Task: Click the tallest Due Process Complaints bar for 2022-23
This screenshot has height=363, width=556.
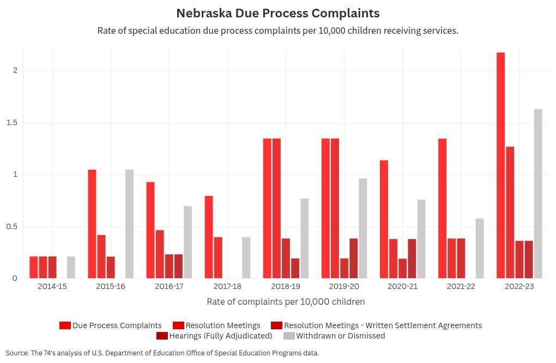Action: pyautogui.click(x=500, y=165)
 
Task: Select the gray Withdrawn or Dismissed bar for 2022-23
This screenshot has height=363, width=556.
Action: pyautogui.click(x=538, y=194)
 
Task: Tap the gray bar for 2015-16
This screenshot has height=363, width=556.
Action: pyautogui.click(x=129, y=224)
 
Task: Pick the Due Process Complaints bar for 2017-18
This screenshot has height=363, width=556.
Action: pyautogui.click(x=209, y=237)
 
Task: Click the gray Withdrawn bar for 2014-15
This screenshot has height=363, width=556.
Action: pyautogui.click(x=71, y=267)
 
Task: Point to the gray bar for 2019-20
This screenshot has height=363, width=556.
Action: pyautogui.click(x=362, y=228)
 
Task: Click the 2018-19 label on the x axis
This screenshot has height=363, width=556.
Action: pyautogui.click(x=286, y=286)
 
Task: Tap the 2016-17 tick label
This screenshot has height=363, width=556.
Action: pyautogui.click(x=169, y=286)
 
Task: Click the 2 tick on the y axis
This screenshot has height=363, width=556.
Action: pyautogui.click(x=15, y=70)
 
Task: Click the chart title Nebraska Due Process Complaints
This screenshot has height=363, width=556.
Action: pyautogui.click(x=278, y=13)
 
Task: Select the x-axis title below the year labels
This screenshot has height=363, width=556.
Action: pyautogui.click(x=286, y=302)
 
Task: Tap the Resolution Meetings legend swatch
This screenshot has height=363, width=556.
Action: pyautogui.click(x=178, y=325)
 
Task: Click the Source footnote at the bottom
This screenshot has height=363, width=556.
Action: pyautogui.click(x=162, y=353)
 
